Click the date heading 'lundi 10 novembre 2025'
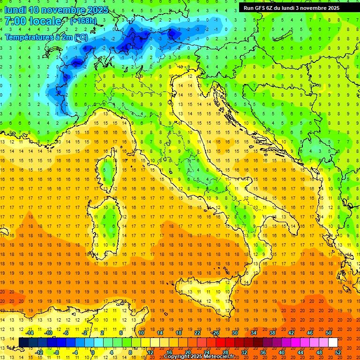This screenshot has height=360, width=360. pos(56,10)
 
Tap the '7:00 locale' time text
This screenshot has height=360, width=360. pos(33,21)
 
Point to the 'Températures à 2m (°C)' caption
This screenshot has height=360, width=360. pos(46,37)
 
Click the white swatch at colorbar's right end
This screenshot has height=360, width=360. pos(333,342)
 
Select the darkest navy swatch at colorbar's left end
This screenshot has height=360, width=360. pos(23,342)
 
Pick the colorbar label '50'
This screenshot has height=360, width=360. pos(329,333)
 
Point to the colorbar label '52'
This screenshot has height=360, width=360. pos(338,352)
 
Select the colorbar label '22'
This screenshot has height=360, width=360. pos(197,333)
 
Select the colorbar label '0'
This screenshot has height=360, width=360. pos(93,352)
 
